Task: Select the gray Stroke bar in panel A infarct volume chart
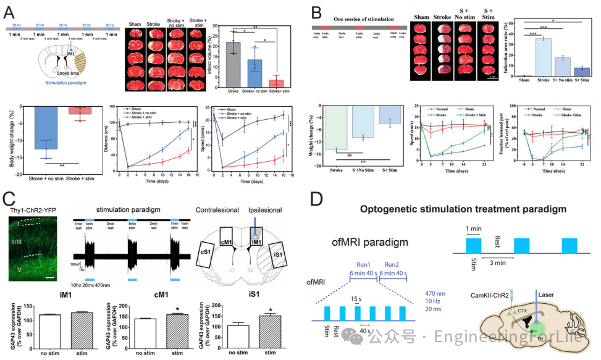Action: pos(233,65)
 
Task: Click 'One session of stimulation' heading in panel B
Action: pos(356,18)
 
